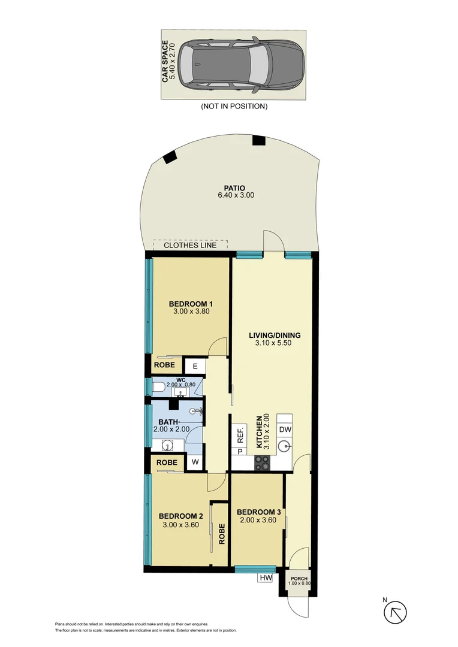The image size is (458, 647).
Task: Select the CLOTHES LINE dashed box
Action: click(x=191, y=245)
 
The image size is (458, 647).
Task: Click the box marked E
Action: click(x=195, y=365)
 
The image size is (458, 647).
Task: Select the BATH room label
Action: click(x=168, y=422)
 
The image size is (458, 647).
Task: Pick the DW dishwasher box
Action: click(x=285, y=429)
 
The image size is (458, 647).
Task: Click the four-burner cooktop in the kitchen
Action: click(x=263, y=462)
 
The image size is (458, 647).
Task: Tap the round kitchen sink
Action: click(x=285, y=446)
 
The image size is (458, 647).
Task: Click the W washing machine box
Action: click(x=195, y=462)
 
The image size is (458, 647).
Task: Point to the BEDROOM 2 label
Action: click(x=180, y=516)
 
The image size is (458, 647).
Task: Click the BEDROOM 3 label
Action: click(x=258, y=512)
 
